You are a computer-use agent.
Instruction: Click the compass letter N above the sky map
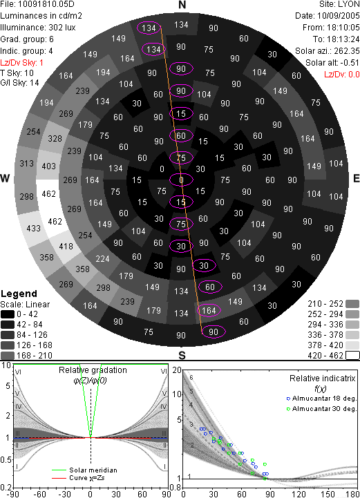(182, 5)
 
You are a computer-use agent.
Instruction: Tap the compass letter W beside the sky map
(5, 178)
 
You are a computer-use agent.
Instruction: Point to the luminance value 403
(48, 166)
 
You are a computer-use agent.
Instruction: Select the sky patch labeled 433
(33, 228)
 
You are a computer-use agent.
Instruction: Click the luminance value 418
(66, 246)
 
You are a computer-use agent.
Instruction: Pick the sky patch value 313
(26, 163)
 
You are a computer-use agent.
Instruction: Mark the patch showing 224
(102, 259)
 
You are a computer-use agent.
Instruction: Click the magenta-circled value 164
(209, 310)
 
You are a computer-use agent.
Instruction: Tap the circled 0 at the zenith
(181, 180)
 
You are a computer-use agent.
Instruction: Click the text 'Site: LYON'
(339, 4)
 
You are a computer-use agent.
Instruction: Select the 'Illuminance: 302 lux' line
(38, 28)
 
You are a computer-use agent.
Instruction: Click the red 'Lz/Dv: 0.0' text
(342, 75)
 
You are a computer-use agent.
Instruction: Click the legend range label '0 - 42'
(28, 314)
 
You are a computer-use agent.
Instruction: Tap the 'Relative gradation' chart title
(93, 370)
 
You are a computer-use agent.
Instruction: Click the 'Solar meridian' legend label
(93, 470)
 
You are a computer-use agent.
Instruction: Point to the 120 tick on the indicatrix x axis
(299, 494)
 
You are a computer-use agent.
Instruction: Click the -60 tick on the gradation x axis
(39, 494)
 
